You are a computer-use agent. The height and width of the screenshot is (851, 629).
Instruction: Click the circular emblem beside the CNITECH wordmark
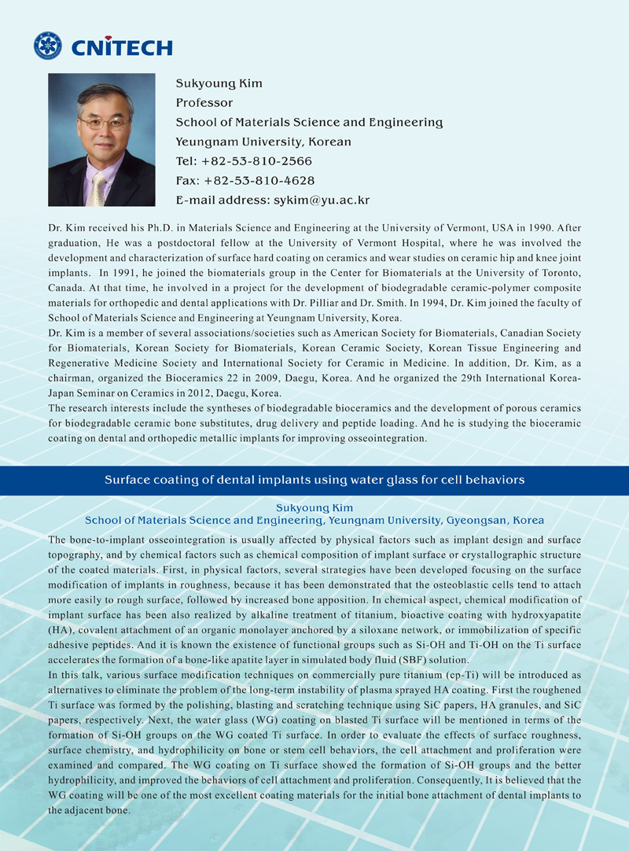[48, 46]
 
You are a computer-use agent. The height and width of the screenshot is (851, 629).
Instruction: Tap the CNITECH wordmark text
[121, 47]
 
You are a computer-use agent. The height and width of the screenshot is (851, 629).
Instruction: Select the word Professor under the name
[204, 102]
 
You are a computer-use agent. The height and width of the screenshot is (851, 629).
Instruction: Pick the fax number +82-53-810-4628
[259, 181]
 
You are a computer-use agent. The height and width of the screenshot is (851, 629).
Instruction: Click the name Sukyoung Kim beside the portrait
[219, 83]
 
